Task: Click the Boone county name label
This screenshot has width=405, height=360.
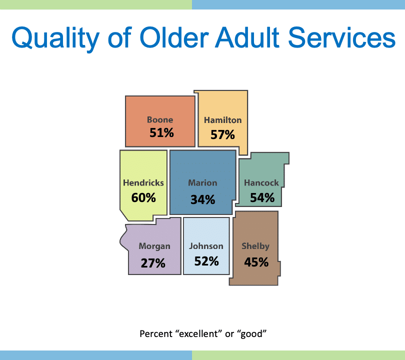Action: [x=160, y=119]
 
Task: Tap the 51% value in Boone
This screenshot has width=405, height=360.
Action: [x=161, y=132]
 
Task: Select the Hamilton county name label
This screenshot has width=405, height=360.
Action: [x=222, y=120]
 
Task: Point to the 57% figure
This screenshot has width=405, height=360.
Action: [x=222, y=134]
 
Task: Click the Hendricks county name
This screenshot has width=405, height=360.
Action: [x=143, y=183]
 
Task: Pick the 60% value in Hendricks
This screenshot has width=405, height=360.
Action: [x=143, y=198]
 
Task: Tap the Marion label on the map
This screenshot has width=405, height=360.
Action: [x=202, y=183]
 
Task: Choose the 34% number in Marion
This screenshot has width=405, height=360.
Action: [x=203, y=199]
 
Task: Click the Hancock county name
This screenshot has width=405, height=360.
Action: [x=261, y=183]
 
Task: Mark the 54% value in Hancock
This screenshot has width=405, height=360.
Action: [x=262, y=198]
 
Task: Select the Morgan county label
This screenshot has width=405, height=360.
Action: [x=154, y=246]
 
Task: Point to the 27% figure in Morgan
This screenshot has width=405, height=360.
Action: [x=153, y=263]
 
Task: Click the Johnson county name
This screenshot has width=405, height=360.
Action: [x=206, y=246]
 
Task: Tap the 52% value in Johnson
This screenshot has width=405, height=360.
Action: [x=206, y=261]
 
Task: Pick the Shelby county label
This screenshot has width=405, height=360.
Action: [x=255, y=246]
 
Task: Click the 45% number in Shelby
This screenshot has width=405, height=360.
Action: [x=256, y=262]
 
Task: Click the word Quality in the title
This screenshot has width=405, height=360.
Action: [x=55, y=38]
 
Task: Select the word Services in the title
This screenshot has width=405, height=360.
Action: [x=341, y=37]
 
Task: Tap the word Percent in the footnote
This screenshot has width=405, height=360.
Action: [x=156, y=334]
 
